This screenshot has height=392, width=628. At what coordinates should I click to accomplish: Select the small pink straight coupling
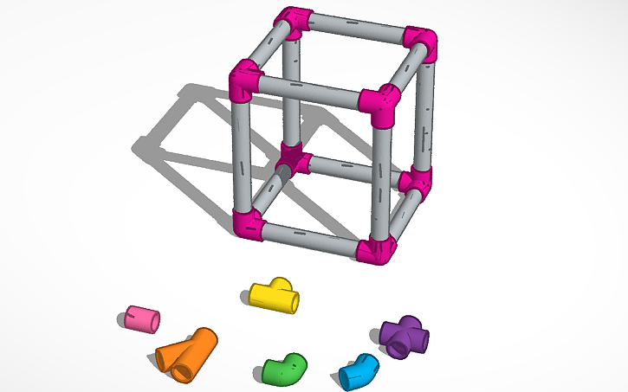140,318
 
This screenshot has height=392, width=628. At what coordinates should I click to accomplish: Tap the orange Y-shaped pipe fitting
185,353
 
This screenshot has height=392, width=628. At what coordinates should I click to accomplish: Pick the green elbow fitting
285,370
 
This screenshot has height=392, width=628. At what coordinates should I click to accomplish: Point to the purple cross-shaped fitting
404,337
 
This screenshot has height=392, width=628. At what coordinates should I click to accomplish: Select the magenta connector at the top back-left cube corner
294,22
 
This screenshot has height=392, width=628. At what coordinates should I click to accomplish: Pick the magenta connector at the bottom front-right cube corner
378,249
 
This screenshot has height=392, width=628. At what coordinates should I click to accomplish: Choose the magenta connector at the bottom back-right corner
416,181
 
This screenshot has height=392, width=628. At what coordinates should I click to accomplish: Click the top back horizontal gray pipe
356,30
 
